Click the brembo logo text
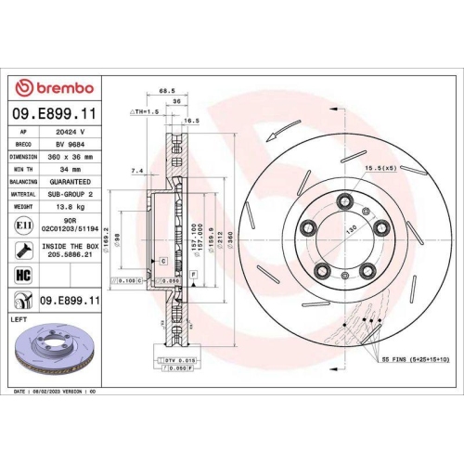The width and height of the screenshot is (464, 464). point(62,87)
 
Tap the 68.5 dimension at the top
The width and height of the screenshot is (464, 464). point(167,91)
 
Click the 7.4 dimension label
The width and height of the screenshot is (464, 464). point(137,171)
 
